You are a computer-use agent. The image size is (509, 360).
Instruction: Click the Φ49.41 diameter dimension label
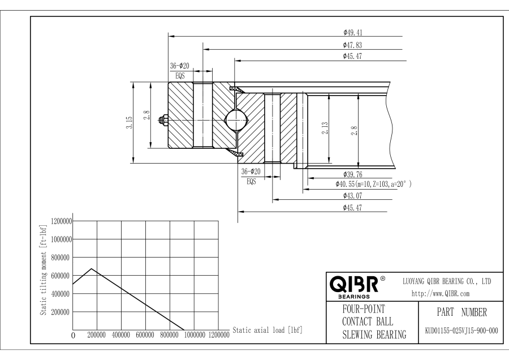tap(352, 32)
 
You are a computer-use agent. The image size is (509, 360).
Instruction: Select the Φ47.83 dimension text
tap(352, 45)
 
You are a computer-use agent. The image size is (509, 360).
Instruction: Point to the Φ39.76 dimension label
tap(352, 174)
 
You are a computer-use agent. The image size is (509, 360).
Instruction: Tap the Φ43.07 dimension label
tap(352, 196)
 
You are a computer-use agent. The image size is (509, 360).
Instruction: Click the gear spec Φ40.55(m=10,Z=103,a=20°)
tap(373, 184)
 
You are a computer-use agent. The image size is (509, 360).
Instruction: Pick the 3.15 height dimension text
tap(130, 122)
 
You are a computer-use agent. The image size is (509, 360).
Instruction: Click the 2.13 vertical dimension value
tap(325, 128)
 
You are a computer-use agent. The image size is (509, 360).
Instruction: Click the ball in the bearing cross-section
tap(236, 120)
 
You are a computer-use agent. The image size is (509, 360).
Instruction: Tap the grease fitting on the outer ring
tap(163, 120)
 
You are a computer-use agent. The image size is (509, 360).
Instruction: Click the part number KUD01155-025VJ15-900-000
tap(461, 331)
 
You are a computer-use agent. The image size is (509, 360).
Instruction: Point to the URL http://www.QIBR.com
tap(441, 294)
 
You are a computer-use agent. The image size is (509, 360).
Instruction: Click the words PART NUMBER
tap(461, 312)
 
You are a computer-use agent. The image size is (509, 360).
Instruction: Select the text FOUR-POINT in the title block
tap(364, 309)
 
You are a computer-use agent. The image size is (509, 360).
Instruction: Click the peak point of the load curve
tap(92, 269)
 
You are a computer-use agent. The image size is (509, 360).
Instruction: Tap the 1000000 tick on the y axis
tap(61, 239)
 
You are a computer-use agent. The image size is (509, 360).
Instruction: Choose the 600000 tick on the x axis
tap(145, 335)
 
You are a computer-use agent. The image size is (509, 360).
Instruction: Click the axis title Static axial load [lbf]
tap(268, 331)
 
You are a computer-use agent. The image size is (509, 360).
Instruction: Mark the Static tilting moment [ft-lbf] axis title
tap(44, 269)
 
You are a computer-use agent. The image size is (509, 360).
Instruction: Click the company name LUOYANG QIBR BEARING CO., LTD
tap(447, 282)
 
